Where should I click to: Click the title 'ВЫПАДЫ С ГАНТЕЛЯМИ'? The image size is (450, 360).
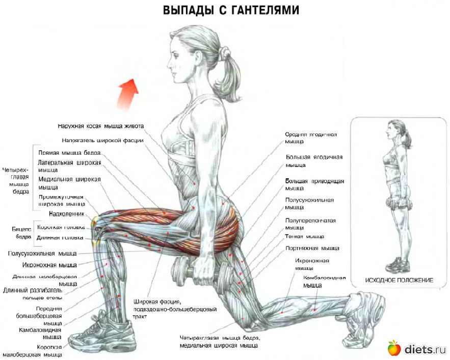[231, 10]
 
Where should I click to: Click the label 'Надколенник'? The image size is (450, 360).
[66, 214]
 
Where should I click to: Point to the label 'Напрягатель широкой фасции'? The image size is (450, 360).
[102, 140]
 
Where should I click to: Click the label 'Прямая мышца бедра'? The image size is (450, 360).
[70, 153]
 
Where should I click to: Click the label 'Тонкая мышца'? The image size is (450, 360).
[304, 237]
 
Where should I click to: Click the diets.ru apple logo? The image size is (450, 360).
[393, 348]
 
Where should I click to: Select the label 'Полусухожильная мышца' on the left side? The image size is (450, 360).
[42, 253]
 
